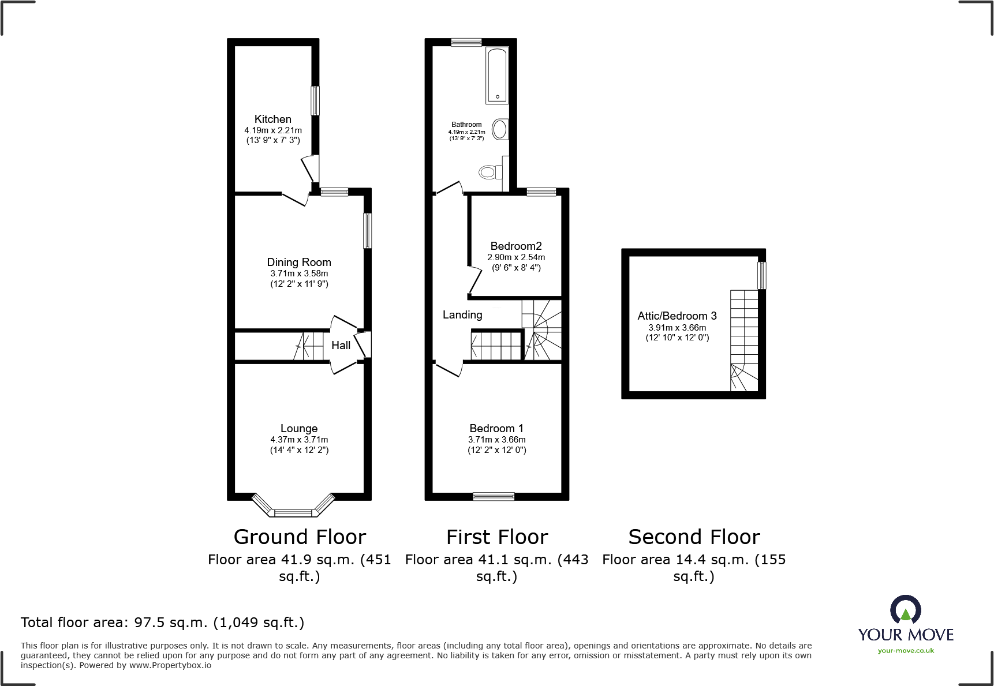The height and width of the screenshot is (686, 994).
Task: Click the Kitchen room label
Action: click(272, 119)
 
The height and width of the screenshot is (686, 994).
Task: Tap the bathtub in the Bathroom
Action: click(497, 75)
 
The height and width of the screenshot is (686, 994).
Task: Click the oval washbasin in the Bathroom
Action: click(500, 130)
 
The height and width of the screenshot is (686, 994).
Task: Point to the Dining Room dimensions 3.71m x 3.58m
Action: click(299, 273)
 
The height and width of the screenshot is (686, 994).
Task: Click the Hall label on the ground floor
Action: click(341, 346)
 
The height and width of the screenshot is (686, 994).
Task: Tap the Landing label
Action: click(462, 315)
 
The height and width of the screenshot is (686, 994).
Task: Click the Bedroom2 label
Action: click(516, 246)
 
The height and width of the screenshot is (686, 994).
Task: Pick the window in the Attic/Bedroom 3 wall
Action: click(762, 276)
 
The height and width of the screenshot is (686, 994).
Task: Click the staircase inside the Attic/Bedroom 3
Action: click(744, 340)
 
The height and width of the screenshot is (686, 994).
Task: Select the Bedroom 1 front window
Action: click(494, 496)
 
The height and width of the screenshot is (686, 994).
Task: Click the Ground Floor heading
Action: click(300, 537)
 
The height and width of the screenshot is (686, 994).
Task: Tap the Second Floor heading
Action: click(694, 537)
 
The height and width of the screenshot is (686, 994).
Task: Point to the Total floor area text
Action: click(162, 623)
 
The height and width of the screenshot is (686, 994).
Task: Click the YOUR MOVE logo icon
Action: click(905, 610)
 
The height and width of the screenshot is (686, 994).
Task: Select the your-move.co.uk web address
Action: click(906, 651)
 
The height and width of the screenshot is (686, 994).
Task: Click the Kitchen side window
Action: click(315, 101)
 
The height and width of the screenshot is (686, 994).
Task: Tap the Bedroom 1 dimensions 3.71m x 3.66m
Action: click(496, 440)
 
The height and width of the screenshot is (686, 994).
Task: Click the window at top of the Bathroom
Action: click(466, 42)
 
